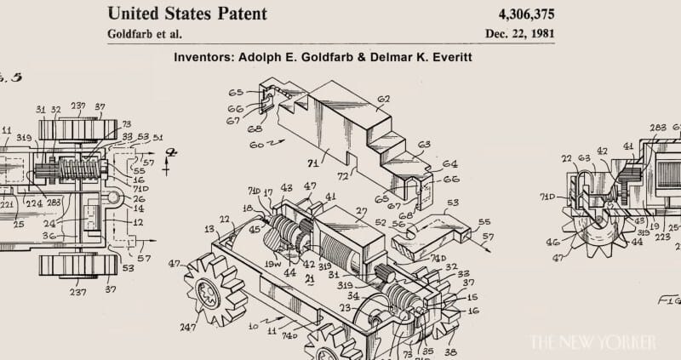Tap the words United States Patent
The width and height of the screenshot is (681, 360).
tap(186, 14)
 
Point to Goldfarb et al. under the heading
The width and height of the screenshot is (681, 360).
tap(145, 34)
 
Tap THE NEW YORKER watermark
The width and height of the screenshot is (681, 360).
tap(592, 342)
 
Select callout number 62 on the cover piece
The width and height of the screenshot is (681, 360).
tap(383, 100)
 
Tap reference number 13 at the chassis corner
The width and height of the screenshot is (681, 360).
tap(209, 229)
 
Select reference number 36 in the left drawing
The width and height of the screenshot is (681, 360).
tap(49, 236)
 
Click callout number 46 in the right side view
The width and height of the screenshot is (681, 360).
tap(553, 243)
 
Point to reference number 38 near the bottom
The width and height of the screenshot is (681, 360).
tap(449, 351)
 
